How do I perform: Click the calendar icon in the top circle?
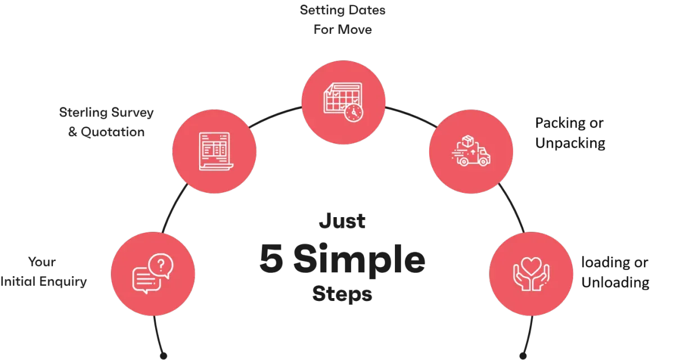[x=342, y=101]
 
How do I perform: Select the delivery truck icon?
[x=471, y=155]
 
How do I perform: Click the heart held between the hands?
[x=531, y=264]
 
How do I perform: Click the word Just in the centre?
[x=343, y=221]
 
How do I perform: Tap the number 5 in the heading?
[x=271, y=260]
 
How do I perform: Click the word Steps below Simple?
[x=341, y=294]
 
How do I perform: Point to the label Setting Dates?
[x=343, y=10]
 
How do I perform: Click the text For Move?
[x=342, y=29]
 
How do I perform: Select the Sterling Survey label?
[x=107, y=112]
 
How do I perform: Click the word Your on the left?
[x=42, y=262]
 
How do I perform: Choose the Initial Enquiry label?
[x=44, y=282]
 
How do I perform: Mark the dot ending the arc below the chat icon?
[x=163, y=355]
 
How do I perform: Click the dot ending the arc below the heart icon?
[x=524, y=355]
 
